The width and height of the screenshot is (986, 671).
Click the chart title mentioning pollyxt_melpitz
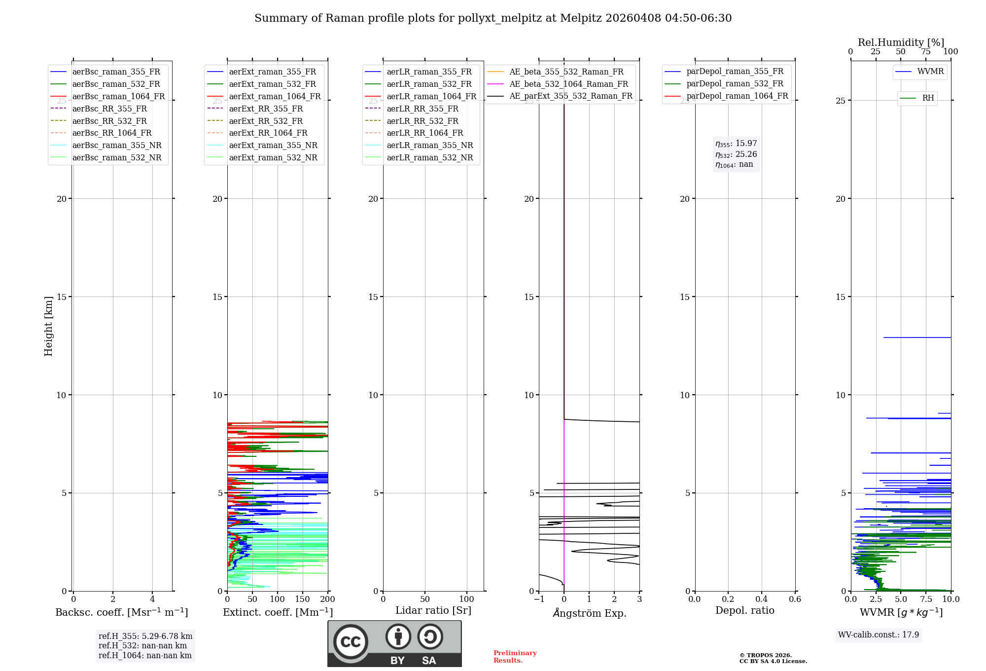[493, 18]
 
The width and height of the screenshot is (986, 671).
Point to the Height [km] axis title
[48, 326]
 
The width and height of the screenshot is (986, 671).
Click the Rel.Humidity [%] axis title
[901, 42]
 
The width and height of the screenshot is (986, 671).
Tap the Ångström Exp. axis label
[589, 613]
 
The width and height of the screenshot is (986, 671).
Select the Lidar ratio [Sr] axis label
[433, 611]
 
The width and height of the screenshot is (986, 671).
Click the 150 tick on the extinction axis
[302, 599]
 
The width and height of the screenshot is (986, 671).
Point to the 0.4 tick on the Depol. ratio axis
[762, 599]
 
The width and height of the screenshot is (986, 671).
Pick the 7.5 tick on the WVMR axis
[926, 599]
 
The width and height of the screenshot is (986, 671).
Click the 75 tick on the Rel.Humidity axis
[926, 52]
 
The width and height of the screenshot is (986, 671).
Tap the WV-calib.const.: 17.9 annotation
[879, 635]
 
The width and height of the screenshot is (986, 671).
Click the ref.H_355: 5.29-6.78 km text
[145, 636]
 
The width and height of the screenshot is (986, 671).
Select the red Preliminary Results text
[515, 657]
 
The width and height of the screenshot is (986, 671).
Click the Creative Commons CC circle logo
[351, 642]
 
